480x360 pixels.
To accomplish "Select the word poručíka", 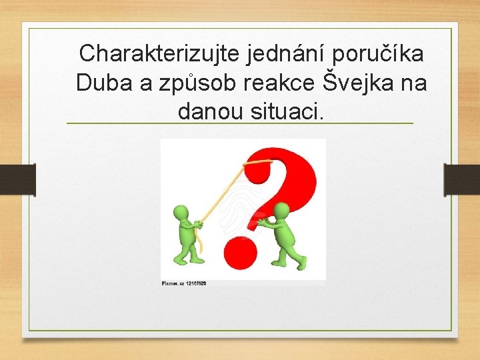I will click(x=386, y=53).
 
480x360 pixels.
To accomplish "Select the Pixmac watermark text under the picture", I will click(x=184, y=283).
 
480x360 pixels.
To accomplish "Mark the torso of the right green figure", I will click(x=285, y=235).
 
